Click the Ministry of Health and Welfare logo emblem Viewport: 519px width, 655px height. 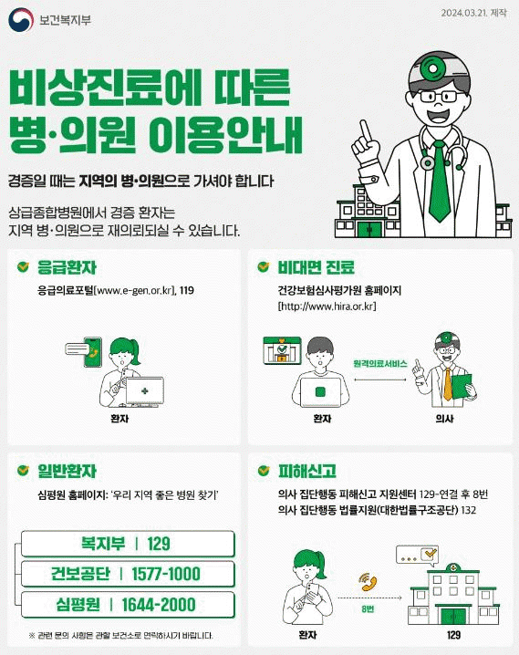click(x=21, y=20)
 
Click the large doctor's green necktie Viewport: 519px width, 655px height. click(x=439, y=181)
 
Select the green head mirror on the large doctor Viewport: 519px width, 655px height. click(x=432, y=68)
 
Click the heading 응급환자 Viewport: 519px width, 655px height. click(x=67, y=267)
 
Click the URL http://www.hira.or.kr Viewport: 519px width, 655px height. click(x=327, y=307)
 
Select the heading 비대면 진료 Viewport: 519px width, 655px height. click(x=317, y=267)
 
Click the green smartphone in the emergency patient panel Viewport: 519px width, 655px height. click(x=93, y=352)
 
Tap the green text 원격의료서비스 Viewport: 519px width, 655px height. click(x=380, y=364)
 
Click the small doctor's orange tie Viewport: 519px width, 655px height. click(x=448, y=384)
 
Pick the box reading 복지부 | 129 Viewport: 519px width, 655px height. click(x=128, y=544)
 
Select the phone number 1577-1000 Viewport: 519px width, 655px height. click(x=166, y=574)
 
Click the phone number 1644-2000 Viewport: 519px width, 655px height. click(x=158, y=605)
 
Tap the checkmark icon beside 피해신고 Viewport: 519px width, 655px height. click(x=264, y=471)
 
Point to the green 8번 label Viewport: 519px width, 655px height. click(x=368, y=609)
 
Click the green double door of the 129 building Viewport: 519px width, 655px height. click(x=453, y=616)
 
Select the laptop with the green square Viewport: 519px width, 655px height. click(x=321, y=391)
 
